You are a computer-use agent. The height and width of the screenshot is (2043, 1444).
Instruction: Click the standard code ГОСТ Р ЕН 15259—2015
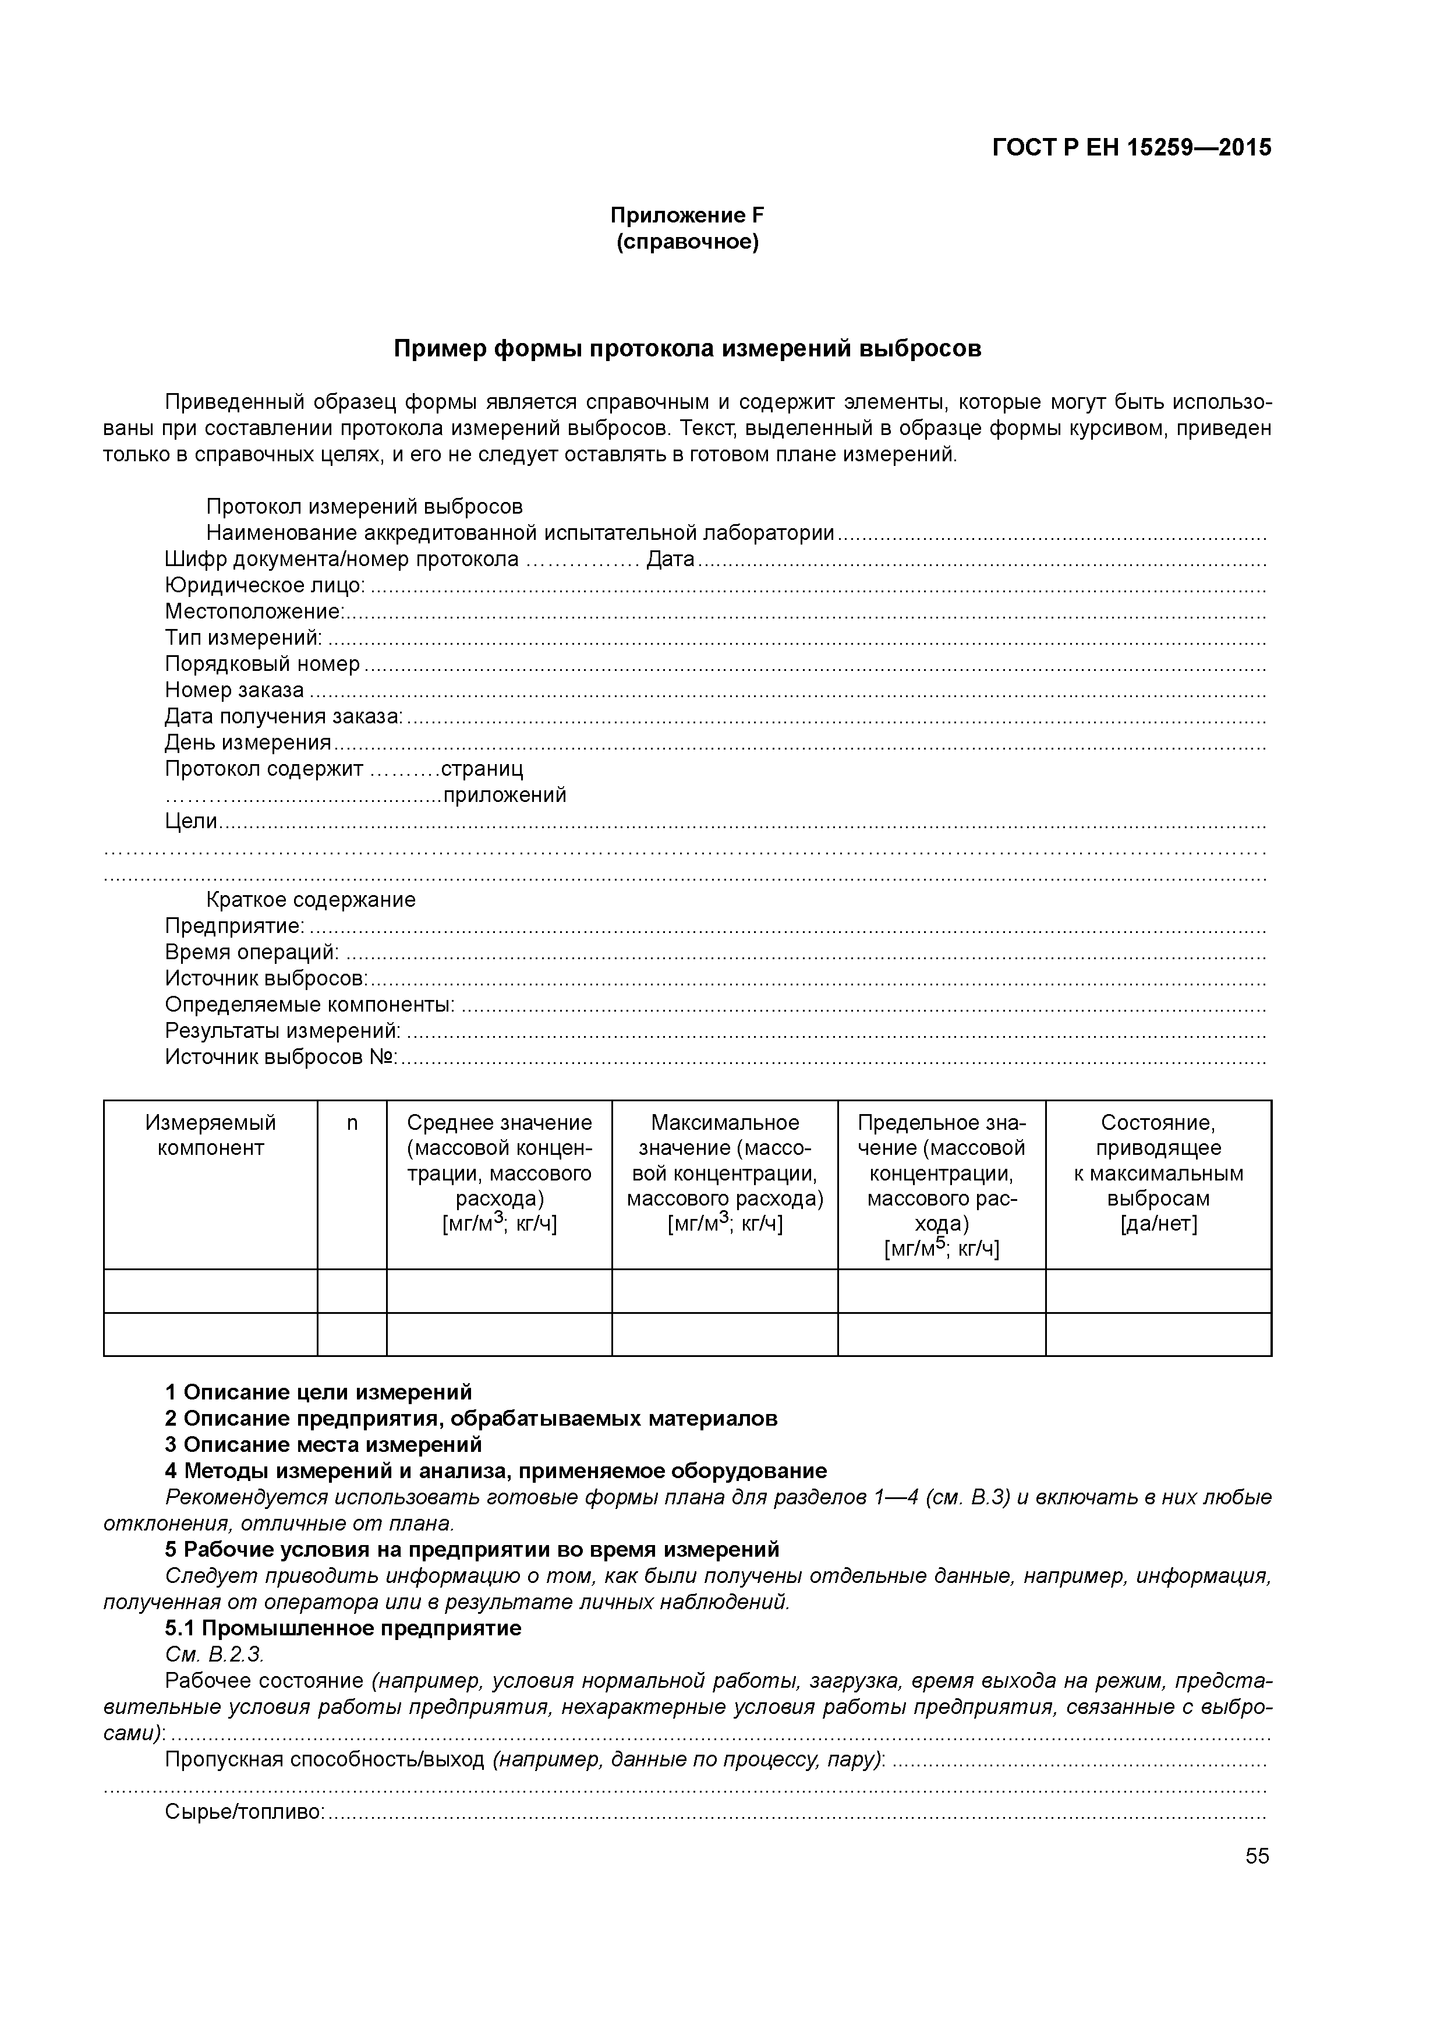[x=1132, y=148]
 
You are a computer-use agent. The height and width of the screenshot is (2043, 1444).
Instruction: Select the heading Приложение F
[x=687, y=215]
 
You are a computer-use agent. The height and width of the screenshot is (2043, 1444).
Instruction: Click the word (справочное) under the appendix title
[x=687, y=242]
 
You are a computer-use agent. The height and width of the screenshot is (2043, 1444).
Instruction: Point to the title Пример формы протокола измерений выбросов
[x=687, y=349]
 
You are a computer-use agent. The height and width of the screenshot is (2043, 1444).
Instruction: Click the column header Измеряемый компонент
[x=211, y=1136]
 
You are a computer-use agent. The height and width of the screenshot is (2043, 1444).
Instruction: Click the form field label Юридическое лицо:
[x=264, y=585]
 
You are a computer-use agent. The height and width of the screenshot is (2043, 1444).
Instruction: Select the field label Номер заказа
[x=234, y=691]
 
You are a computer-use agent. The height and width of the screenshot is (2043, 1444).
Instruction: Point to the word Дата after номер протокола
[x=670, y=560]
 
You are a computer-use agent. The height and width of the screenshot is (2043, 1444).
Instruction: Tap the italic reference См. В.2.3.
[x=214, y=1654]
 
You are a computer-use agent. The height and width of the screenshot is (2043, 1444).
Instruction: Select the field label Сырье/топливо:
[x=245, y=1812]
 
